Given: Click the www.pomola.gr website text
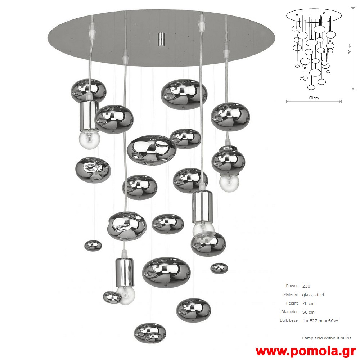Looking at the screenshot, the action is coord(306,351).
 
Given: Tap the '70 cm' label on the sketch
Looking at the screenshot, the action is coord(350,49).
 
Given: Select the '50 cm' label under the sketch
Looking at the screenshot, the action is coord(314,98).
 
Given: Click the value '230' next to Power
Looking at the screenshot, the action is coord(306,286).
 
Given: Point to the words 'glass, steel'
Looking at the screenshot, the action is coord(313,295).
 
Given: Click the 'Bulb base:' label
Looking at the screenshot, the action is coord(289,320).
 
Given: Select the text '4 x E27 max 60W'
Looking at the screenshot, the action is coord(320,321).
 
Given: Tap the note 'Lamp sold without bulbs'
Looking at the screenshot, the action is coord(327,338).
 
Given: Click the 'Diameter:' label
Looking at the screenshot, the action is coord(290,312).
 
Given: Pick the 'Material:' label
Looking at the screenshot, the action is coord(291,294).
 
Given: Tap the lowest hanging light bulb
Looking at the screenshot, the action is coord(125,295).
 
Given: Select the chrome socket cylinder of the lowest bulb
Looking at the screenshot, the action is coord(125,272).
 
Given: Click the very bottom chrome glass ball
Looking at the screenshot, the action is coord(150,333).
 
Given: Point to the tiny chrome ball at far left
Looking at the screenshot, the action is coord(93,246).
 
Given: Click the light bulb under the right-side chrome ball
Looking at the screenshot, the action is coord(229,183).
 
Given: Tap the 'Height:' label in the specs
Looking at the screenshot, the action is coord(292,303).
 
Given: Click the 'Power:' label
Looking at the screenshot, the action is coord(292,286).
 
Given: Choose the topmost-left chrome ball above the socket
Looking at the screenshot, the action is coord(89,90).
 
